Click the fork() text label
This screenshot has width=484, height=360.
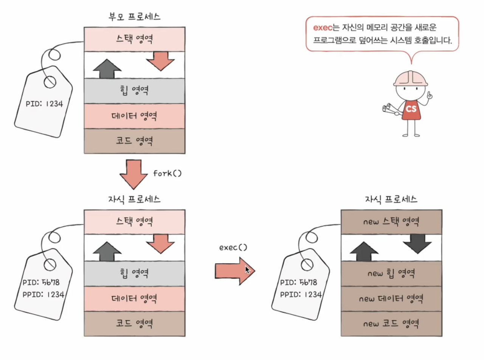tap(167, 173)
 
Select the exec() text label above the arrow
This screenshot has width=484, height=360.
tap(233, 247)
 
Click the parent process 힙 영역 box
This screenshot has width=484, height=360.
tap(134, 91)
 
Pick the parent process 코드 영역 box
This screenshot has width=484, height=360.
tap(134, 141)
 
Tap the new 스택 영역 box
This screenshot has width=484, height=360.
tap(391, 222)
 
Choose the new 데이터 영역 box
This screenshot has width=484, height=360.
tap(391, 299)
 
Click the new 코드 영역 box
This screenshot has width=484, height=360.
tap(391, 324)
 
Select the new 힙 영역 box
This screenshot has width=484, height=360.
tap(391, 273)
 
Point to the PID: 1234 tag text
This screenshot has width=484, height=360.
tap(44, 104)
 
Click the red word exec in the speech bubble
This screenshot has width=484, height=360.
tap(322, 28)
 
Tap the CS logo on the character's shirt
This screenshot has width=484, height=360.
tap(411, 109)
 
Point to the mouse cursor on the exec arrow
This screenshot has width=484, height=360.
tap(247, 270)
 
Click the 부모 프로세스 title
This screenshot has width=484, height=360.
tap(134, 17)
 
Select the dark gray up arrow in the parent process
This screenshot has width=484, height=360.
tap(107, 69)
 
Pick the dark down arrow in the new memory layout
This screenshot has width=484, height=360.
tap(417, 243)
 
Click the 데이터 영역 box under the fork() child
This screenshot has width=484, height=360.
tap(134, 299)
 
